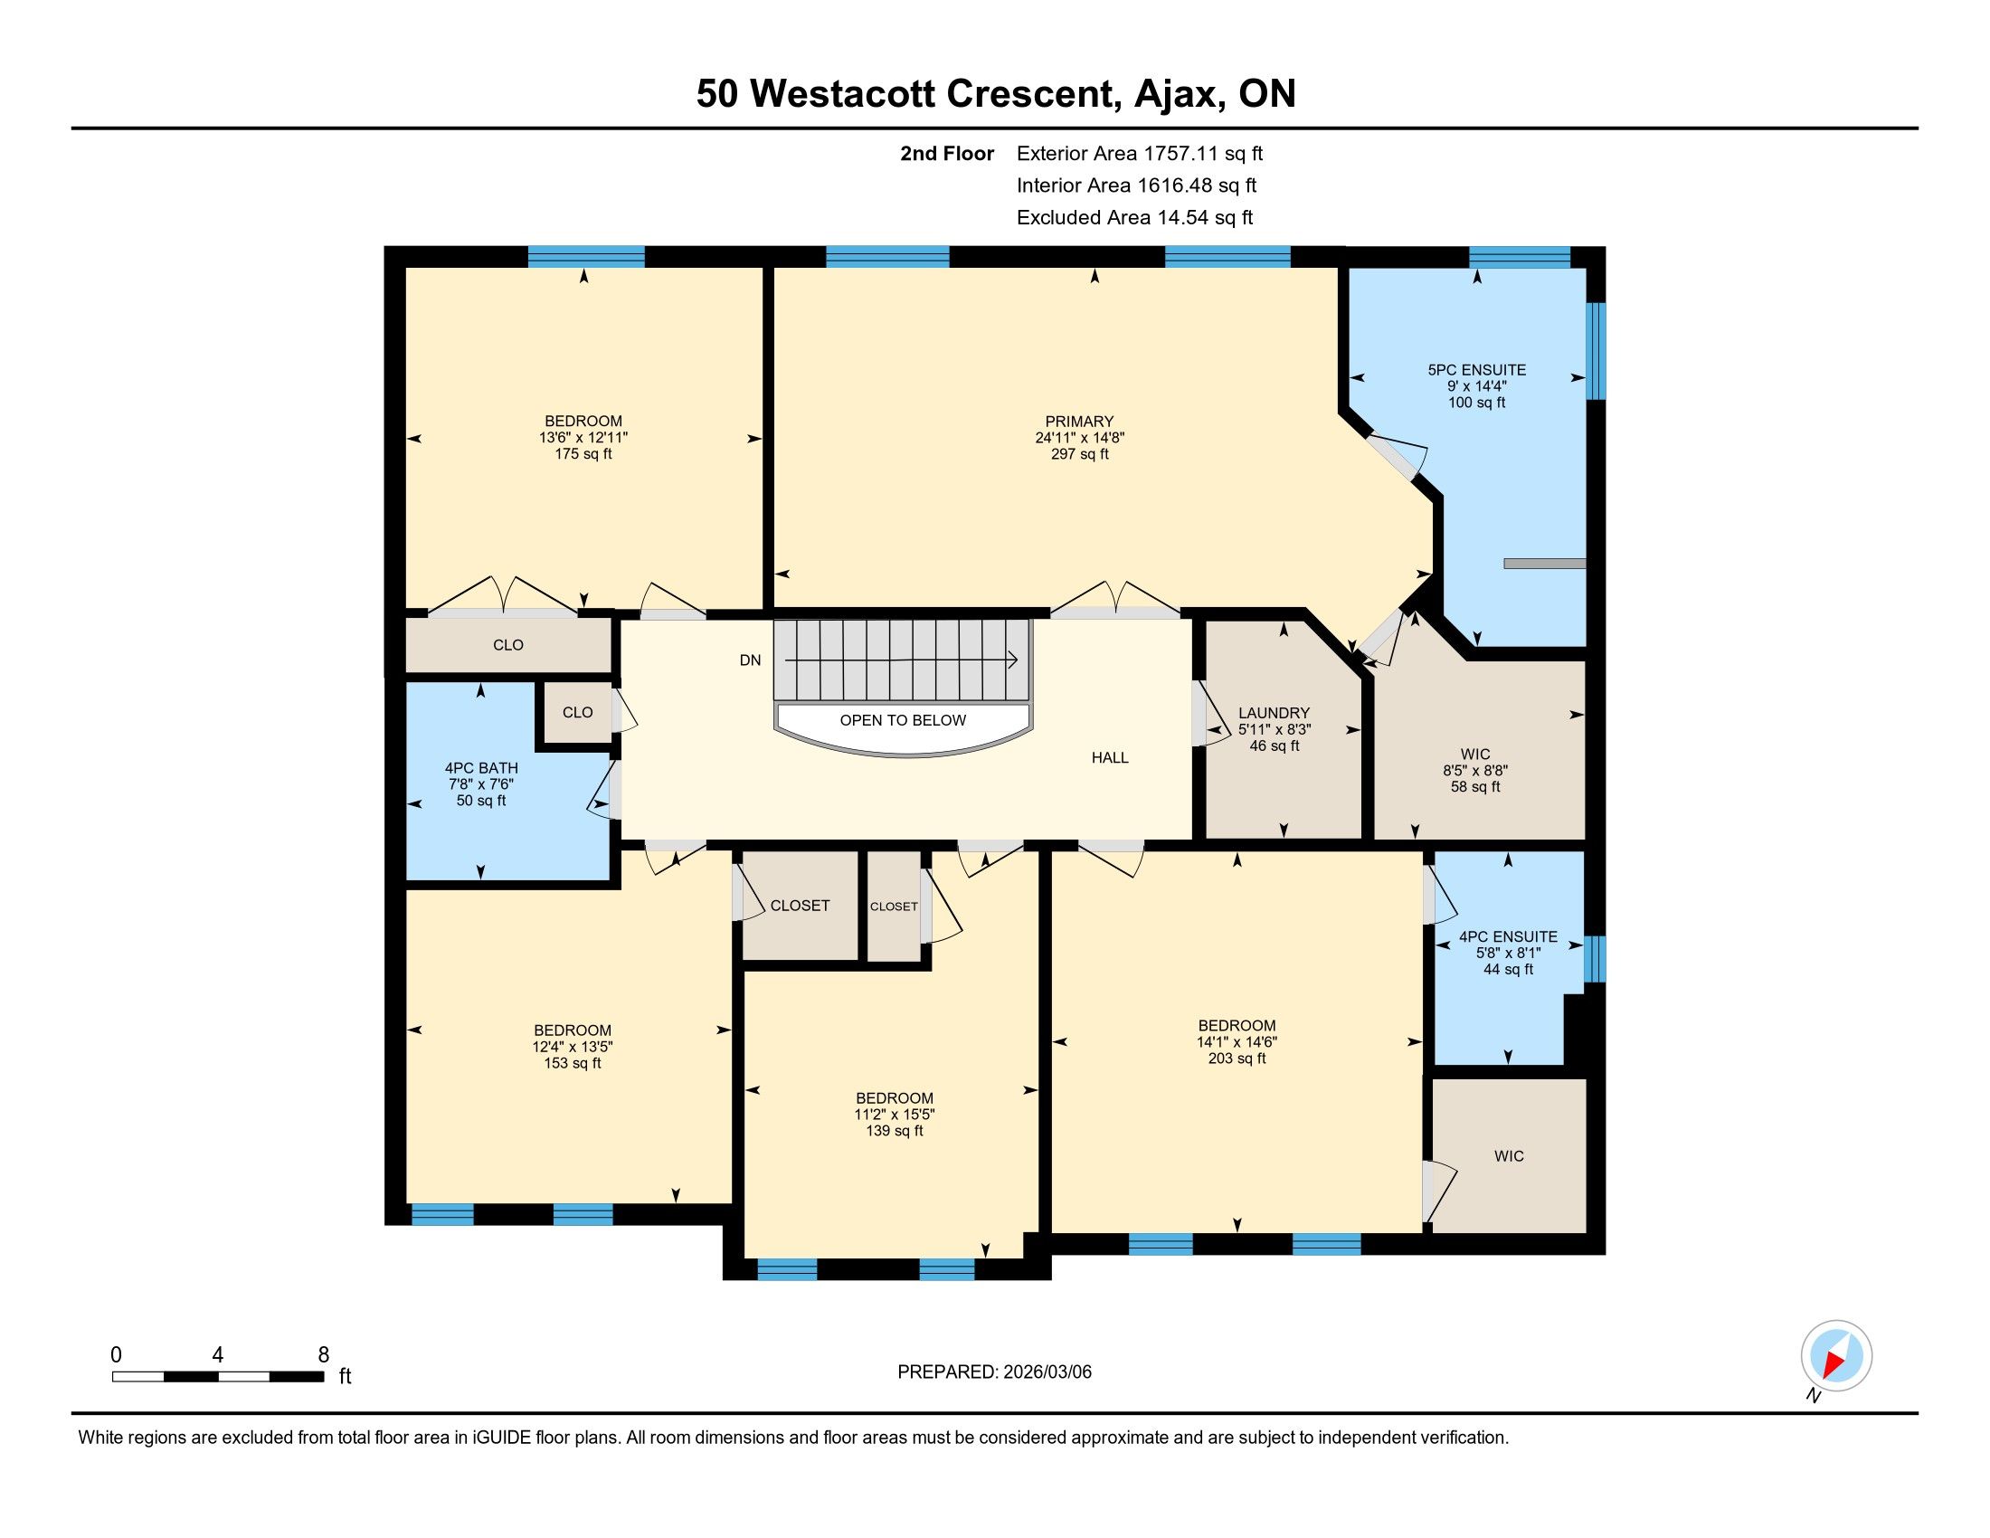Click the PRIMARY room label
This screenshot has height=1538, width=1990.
1079,421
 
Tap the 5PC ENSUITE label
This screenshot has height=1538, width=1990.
1476,370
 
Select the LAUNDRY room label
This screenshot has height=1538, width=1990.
1274,713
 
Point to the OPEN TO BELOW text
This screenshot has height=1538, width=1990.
902,720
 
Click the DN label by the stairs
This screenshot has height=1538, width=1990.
750,660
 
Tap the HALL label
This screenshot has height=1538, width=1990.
1110,757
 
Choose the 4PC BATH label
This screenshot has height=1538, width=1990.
481,768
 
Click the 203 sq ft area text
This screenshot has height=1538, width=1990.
1237,1058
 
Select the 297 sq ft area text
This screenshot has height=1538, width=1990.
1079,454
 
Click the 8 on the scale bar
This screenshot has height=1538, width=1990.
324,1355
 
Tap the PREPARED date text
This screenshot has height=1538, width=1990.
994,1372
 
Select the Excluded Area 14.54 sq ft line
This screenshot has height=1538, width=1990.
1134,217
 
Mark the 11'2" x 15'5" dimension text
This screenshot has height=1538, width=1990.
894,1115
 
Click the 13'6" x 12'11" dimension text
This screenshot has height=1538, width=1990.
583,437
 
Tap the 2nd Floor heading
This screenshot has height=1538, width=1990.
947,153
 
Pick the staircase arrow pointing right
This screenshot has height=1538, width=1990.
901,660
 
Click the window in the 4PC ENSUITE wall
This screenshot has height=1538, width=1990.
1595,958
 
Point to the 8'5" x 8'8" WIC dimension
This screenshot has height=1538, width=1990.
1474,770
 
